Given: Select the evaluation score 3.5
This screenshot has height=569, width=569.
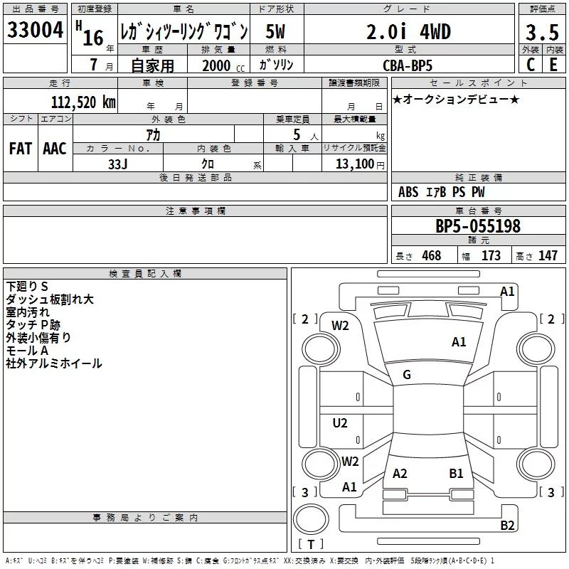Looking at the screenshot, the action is [x=541, y=33].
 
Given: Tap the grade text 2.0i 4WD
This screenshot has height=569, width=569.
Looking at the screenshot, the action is [x=408, y=31].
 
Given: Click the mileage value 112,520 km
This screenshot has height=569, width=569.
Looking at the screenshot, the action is [x=83, y=102].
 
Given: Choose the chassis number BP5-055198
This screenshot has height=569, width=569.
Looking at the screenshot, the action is [x=477, y=226].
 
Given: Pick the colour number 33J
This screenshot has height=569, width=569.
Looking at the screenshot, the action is [x=118, y=163].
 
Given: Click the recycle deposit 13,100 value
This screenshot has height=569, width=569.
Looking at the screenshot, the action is [x=353, y=164].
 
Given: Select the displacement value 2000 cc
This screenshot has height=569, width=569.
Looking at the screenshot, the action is [x=217, y=65].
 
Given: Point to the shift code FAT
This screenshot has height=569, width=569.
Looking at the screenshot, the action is [x=21, y=149].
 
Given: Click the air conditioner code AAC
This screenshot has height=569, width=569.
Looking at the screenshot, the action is [x=55, y=149].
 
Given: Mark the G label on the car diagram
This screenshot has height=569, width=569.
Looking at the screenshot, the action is [x=407, y=375].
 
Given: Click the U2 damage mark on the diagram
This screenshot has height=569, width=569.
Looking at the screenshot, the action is [x=341, y=423].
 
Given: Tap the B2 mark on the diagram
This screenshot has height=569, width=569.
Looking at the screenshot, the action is [x=507, y=526].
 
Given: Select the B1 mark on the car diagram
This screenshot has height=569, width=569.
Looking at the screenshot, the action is [x=456, y=473].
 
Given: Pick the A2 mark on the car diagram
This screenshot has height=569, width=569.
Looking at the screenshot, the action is [x=400, y=473].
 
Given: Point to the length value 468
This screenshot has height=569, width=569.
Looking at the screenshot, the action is [x=431, y=256].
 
